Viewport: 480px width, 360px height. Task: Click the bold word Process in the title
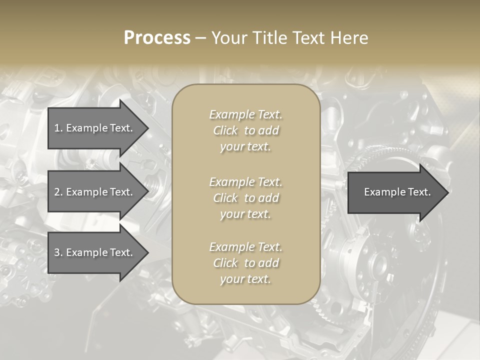point(157,38)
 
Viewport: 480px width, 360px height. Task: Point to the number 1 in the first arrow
point(57,128)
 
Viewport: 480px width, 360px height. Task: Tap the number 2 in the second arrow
point(57,192)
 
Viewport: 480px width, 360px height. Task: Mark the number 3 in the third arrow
point(57,252)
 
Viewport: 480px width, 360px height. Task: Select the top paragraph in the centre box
point(245,130)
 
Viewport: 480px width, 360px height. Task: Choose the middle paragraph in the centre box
point(245,198)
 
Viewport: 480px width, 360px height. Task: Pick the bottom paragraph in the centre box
point(245,263)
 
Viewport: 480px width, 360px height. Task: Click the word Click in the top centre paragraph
point(225,130)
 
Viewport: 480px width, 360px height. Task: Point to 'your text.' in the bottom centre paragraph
point(245,279)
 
